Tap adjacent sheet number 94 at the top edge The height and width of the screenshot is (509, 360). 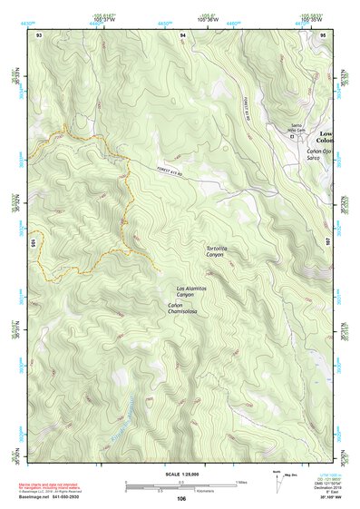click(182, 34)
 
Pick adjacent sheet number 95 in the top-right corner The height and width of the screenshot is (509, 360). click(324, 34)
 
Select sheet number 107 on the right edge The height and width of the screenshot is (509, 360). click(329, 242)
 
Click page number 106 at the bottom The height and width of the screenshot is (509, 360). click(181, 499)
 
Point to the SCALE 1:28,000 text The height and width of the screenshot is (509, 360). click(181, 475)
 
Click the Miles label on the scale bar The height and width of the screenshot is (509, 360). click(240, 481)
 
